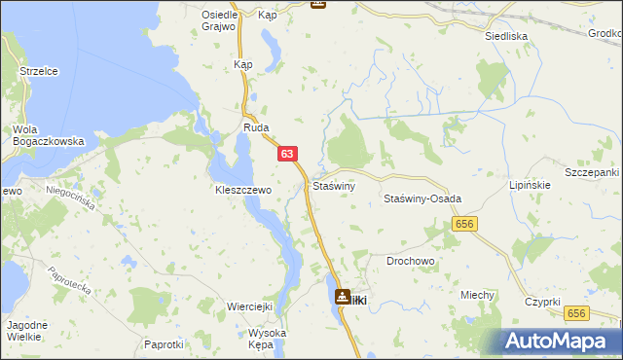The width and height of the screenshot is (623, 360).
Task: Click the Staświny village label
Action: (334, 185)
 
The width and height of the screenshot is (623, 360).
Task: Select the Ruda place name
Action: (255, 128)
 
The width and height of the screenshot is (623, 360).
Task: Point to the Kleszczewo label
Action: (242, 191)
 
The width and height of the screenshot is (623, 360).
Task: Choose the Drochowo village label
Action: (411, 262)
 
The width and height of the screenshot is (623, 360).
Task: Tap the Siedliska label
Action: (506, 35)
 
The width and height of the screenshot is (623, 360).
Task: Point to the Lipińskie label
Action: (531, 184)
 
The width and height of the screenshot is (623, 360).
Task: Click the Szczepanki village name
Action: (592, 172)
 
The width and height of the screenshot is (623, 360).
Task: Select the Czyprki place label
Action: (542, 302)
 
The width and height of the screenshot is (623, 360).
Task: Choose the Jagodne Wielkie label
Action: (22, 330)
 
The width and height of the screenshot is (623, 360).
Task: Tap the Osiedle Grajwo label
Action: (220, 20)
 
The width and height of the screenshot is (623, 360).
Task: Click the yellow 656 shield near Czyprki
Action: (577, 312)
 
